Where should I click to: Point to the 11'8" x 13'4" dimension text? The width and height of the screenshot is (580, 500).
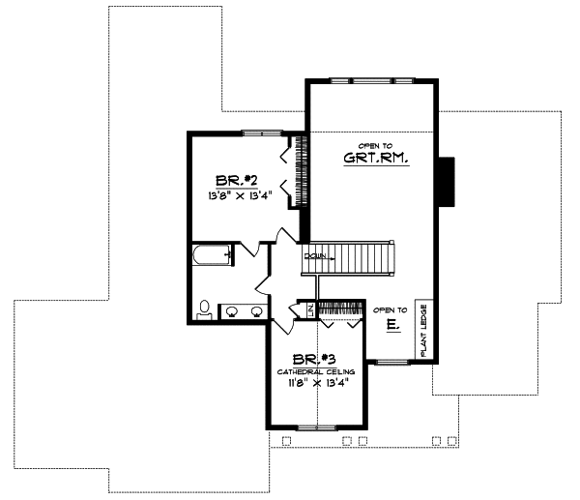click(x=317, y=383)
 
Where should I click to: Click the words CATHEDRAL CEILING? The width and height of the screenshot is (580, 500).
click(x=317, y=370)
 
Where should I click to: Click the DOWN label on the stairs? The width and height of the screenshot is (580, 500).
click(x=315, y=256)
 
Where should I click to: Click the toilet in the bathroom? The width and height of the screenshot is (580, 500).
click(x=205, y=309)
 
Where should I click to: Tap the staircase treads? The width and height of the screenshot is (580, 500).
click(x=363, y=259)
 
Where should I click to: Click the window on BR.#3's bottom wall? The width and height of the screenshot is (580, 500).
click(x=319, y=426)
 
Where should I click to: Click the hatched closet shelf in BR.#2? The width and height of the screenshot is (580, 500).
click(x=301, y=170)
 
